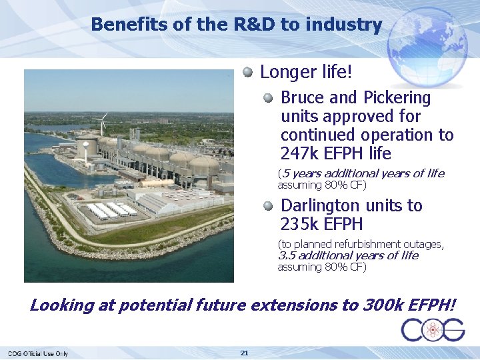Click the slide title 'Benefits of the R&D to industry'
tap(236, 25)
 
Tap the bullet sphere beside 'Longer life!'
tap(248, 71)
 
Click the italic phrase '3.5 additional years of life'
tap(348, 255)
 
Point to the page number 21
tap(244, 352)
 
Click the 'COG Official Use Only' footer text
tap(38, 353)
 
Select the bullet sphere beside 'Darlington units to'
tap(268, 206)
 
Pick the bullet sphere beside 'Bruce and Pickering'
tap(268, 98)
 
